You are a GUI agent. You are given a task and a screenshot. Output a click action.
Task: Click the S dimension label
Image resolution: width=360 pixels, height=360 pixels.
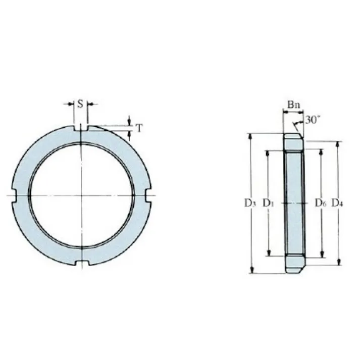coord(80,104)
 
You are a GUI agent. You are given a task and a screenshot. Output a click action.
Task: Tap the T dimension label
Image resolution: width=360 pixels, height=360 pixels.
coord(139,128)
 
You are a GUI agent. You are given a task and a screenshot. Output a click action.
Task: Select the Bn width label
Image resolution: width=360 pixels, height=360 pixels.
coord(294,105)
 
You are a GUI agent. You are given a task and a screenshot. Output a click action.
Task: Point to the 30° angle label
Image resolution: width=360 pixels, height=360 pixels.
coord(312,120)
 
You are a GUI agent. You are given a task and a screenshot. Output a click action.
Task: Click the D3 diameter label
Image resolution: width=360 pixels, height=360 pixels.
coord(249,203)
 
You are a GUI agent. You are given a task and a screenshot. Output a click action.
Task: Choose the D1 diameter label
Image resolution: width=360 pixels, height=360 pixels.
coord(268,203)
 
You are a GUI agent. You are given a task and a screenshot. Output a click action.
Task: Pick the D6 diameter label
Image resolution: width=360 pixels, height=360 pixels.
coord(320,203)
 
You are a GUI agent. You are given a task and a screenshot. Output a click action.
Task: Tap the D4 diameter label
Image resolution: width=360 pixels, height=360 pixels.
coord(337,203)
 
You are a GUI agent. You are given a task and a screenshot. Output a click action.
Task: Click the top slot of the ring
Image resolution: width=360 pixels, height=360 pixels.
coord(81,128)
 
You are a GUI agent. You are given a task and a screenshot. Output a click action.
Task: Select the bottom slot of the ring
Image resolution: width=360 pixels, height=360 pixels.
coord(82,263)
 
